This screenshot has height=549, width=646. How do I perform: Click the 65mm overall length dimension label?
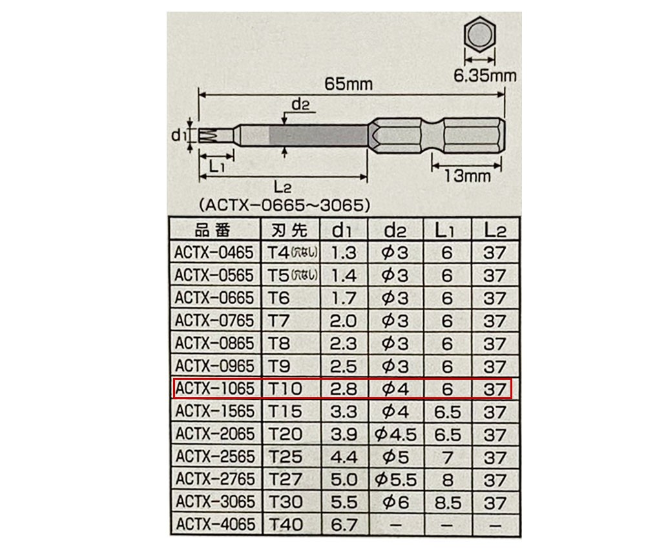coord(348,84)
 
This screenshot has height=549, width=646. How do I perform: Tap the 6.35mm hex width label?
coord(485,76)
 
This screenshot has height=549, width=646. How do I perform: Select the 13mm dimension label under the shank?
coord(468,176)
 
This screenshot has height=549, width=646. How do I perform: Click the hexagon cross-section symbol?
coord(479,35)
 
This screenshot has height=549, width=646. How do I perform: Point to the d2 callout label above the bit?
coord(300,104)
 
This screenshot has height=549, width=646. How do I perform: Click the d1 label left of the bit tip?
coord(179,135)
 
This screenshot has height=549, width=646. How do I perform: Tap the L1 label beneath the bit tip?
coord(216,167)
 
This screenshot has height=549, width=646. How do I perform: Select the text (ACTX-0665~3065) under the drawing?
coord(284,205)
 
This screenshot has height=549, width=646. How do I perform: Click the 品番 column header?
coord(213,230)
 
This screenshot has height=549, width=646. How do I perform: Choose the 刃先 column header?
coord(289,230)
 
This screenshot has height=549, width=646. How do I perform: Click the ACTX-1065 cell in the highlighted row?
coord(214,388)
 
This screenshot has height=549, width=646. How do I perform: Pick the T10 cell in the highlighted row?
coord(285,388)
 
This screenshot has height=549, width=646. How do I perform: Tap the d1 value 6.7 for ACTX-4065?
coord(344,524)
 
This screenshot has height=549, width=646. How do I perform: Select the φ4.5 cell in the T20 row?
coord(395,434)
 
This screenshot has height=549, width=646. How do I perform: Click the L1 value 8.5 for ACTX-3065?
coord(448,502)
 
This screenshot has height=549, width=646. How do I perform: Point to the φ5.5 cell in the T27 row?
coord(395,480)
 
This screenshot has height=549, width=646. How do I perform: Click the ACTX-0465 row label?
coord(214,253)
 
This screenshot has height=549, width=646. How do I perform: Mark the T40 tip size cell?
coord(286,524)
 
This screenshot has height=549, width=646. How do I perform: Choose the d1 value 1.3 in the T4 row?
coord(344,253)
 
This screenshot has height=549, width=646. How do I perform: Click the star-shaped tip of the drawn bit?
coord(208,136)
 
